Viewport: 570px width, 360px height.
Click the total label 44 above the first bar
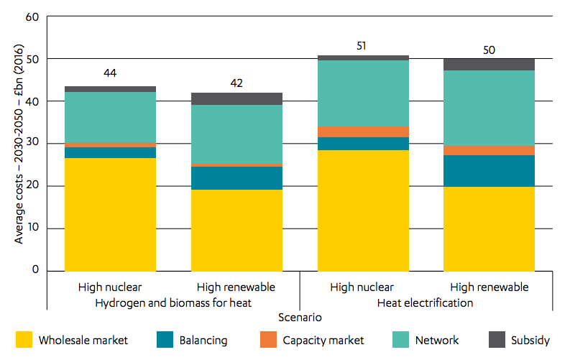click(110, 73)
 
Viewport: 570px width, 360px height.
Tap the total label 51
click(361, 46)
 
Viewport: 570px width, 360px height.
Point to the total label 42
click(236, 83)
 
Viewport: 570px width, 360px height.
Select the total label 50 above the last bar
click(489, 50)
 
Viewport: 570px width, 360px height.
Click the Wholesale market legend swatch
click(24, 340)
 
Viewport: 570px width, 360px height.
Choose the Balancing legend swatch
click(165, 340)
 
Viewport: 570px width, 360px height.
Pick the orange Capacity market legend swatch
click(268, 340)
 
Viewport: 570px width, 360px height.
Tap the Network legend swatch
click(400, 340)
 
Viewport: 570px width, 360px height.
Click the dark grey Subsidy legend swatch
click(497, 340)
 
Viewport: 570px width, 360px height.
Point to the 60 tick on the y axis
click(32, 17)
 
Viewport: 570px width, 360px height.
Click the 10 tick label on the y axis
click(33, 228)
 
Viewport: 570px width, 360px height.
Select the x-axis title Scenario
click(300, 318)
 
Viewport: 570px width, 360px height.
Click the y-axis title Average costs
click(19, 144)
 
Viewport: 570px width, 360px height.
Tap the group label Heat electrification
click(425, 303)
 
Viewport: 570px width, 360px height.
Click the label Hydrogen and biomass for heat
click(173, 303)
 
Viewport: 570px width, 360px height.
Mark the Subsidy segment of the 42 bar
click(236, 99)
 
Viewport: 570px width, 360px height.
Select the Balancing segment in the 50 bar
click(489, 171)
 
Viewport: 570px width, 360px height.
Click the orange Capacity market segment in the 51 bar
click(363, 132)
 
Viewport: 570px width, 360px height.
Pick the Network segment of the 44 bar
click(110, 117)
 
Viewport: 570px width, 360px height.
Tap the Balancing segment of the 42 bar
click(236, 178)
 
